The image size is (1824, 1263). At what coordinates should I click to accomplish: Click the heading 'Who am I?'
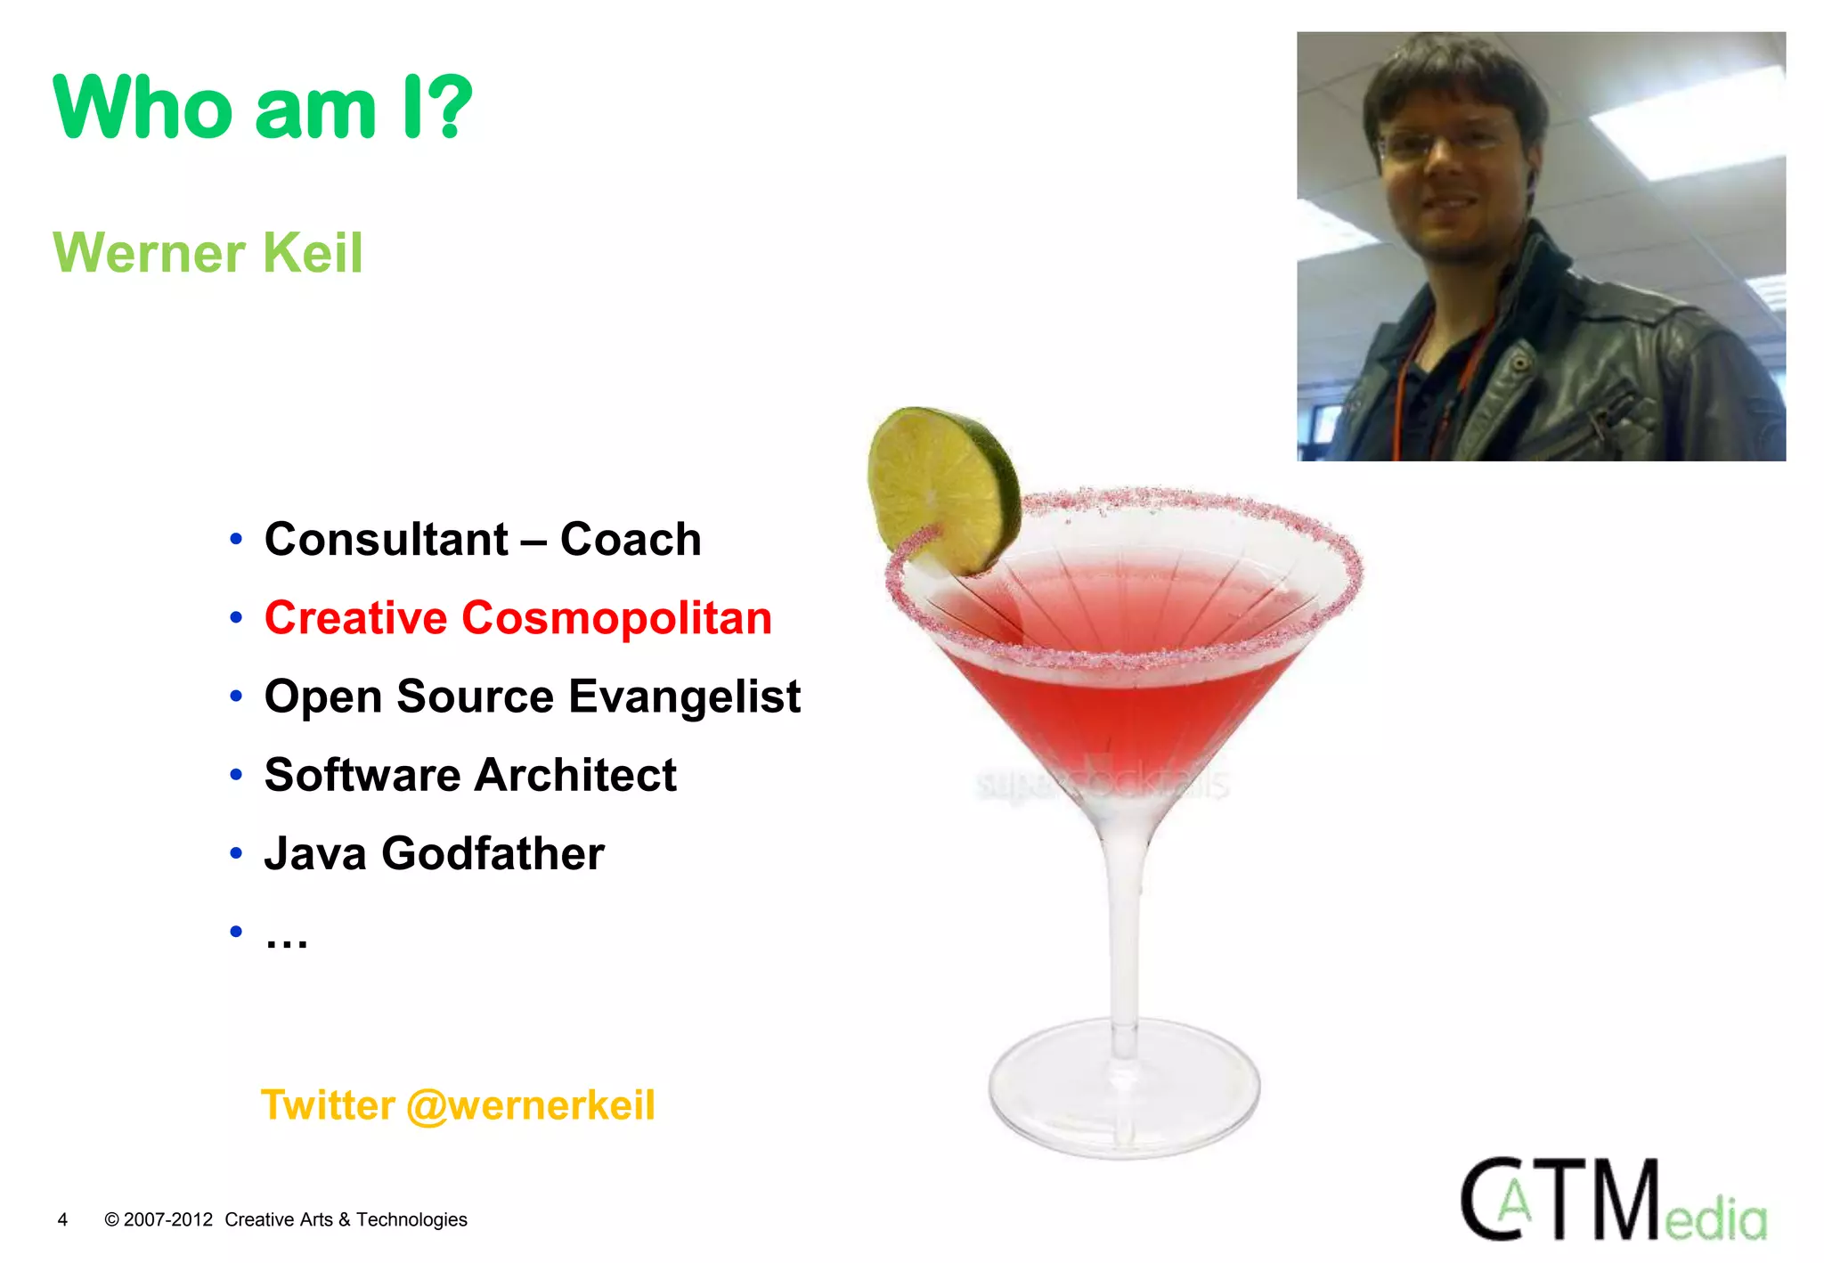tap(263, 109)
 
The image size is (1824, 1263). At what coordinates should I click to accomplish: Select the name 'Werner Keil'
tap(208, 253)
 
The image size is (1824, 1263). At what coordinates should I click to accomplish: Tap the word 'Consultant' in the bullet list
tap(387, 540)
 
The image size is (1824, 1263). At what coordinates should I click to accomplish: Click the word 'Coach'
tap(631, 540)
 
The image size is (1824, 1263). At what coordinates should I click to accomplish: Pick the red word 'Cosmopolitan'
tap(616, 618)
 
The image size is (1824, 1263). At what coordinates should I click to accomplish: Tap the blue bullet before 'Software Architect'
tap(236, 775)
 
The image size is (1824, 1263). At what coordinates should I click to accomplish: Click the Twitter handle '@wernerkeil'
tap(531, 1105)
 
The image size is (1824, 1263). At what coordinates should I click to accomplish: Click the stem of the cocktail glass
tap(1125, 935)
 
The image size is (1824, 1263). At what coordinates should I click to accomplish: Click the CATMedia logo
tap(1613, 1202)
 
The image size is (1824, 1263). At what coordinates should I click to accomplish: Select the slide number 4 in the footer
tap(62, 1220)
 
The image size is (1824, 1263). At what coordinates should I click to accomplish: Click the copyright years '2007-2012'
tap(168, 1220)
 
